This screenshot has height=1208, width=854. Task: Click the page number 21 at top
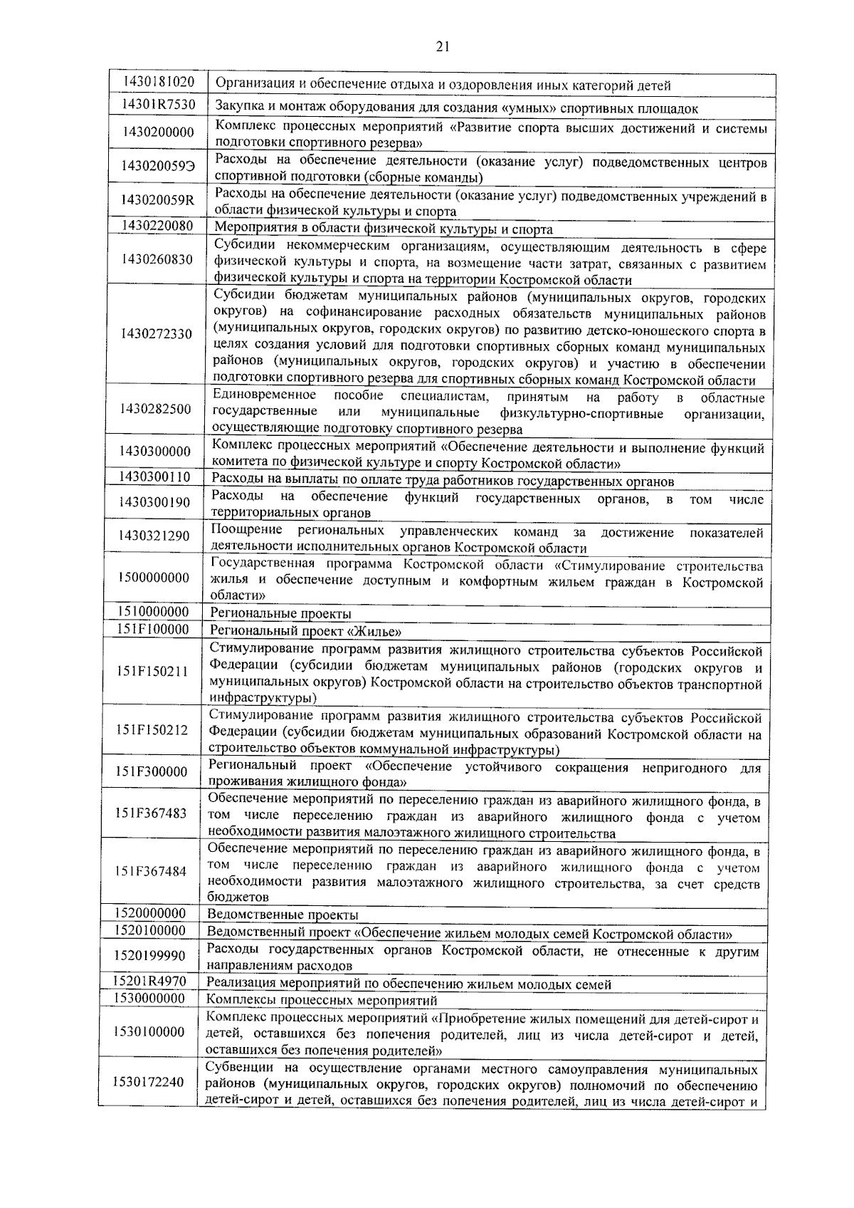pos(442,48)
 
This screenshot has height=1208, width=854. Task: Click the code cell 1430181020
pos(158,83)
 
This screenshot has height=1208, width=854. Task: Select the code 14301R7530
pos(158,105)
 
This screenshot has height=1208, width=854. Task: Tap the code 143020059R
pos(157,200)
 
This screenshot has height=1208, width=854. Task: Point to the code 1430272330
pos(157,333)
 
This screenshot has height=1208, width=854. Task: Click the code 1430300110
pos(154,477)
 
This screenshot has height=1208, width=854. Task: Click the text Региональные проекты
pos(280,613)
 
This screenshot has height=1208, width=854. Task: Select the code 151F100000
pos(153,629)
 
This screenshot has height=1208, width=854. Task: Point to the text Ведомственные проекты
pos(283,915)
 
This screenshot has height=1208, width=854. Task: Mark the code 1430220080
pos(157,226)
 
